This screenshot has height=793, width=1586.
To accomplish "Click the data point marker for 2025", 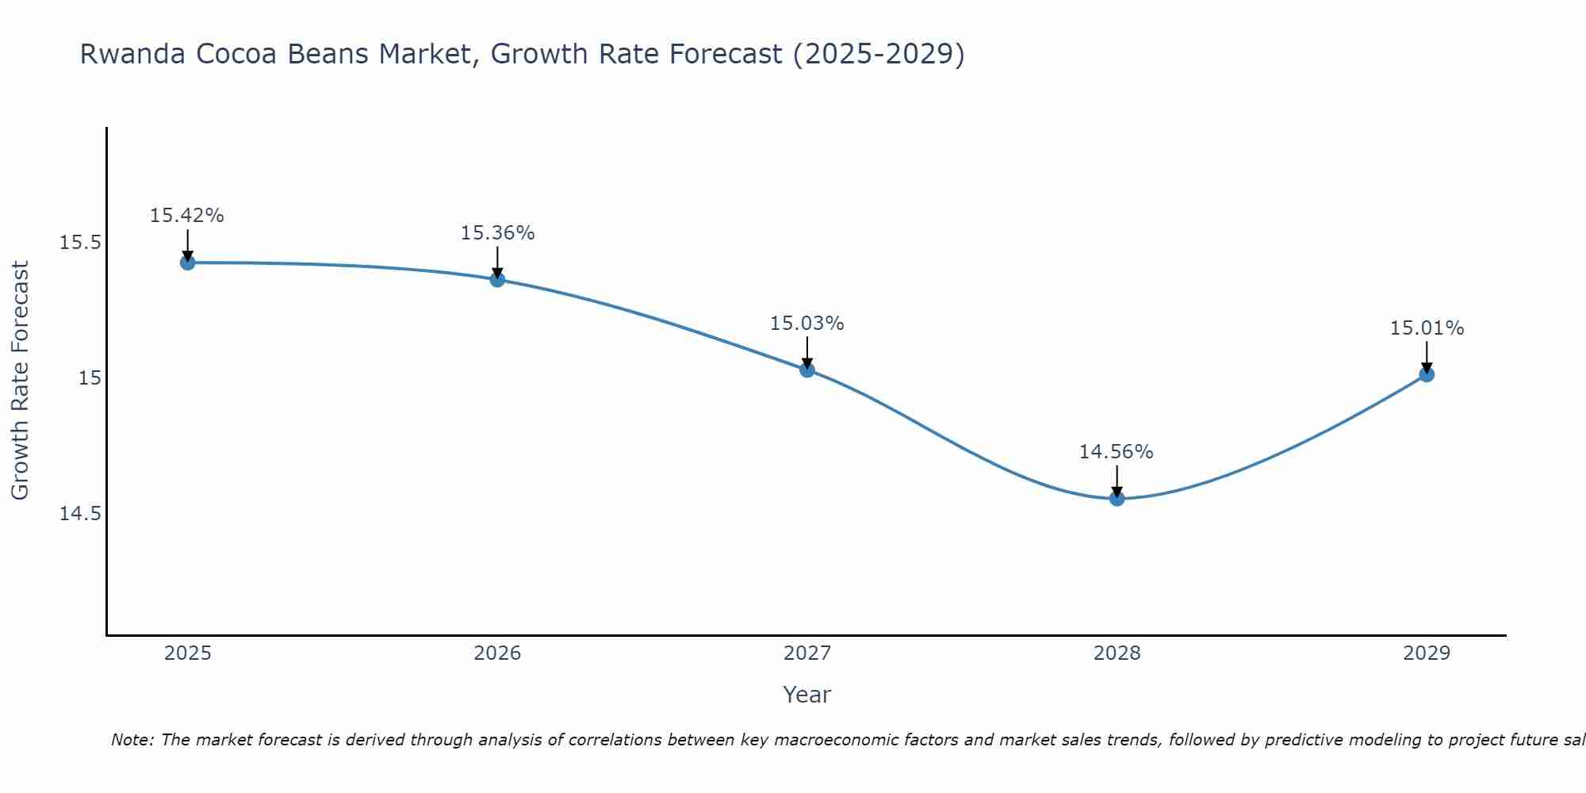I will click(187, 262).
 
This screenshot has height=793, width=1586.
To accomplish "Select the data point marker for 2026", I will click(497, 279).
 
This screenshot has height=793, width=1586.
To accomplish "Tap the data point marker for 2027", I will click(807, 370).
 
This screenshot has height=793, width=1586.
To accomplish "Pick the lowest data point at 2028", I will click(1117, 499).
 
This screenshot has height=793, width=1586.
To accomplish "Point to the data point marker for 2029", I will click(1427, 374).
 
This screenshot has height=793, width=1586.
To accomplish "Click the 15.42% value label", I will click(187, 216).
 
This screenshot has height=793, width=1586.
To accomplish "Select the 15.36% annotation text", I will click(497, 233).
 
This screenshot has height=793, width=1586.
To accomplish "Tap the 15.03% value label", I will click(807, 324).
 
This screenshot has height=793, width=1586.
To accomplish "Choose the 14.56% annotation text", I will click(1117, 452).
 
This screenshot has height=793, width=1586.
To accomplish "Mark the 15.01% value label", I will click(1427, 328).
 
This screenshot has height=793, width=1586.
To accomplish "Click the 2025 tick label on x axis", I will click(187, 653).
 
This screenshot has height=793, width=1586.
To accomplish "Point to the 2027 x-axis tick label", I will click(807, 653).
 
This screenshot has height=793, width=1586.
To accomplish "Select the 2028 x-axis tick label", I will click(1117, 653).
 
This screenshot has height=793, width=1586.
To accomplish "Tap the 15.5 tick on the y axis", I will click(80, 243).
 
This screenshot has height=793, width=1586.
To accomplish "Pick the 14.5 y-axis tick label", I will click(80, 514).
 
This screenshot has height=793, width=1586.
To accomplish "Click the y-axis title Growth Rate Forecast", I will click(20, 381).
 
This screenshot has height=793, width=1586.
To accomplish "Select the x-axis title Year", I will click(807, 695).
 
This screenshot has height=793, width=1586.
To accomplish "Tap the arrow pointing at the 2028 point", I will click(1117, 481).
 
